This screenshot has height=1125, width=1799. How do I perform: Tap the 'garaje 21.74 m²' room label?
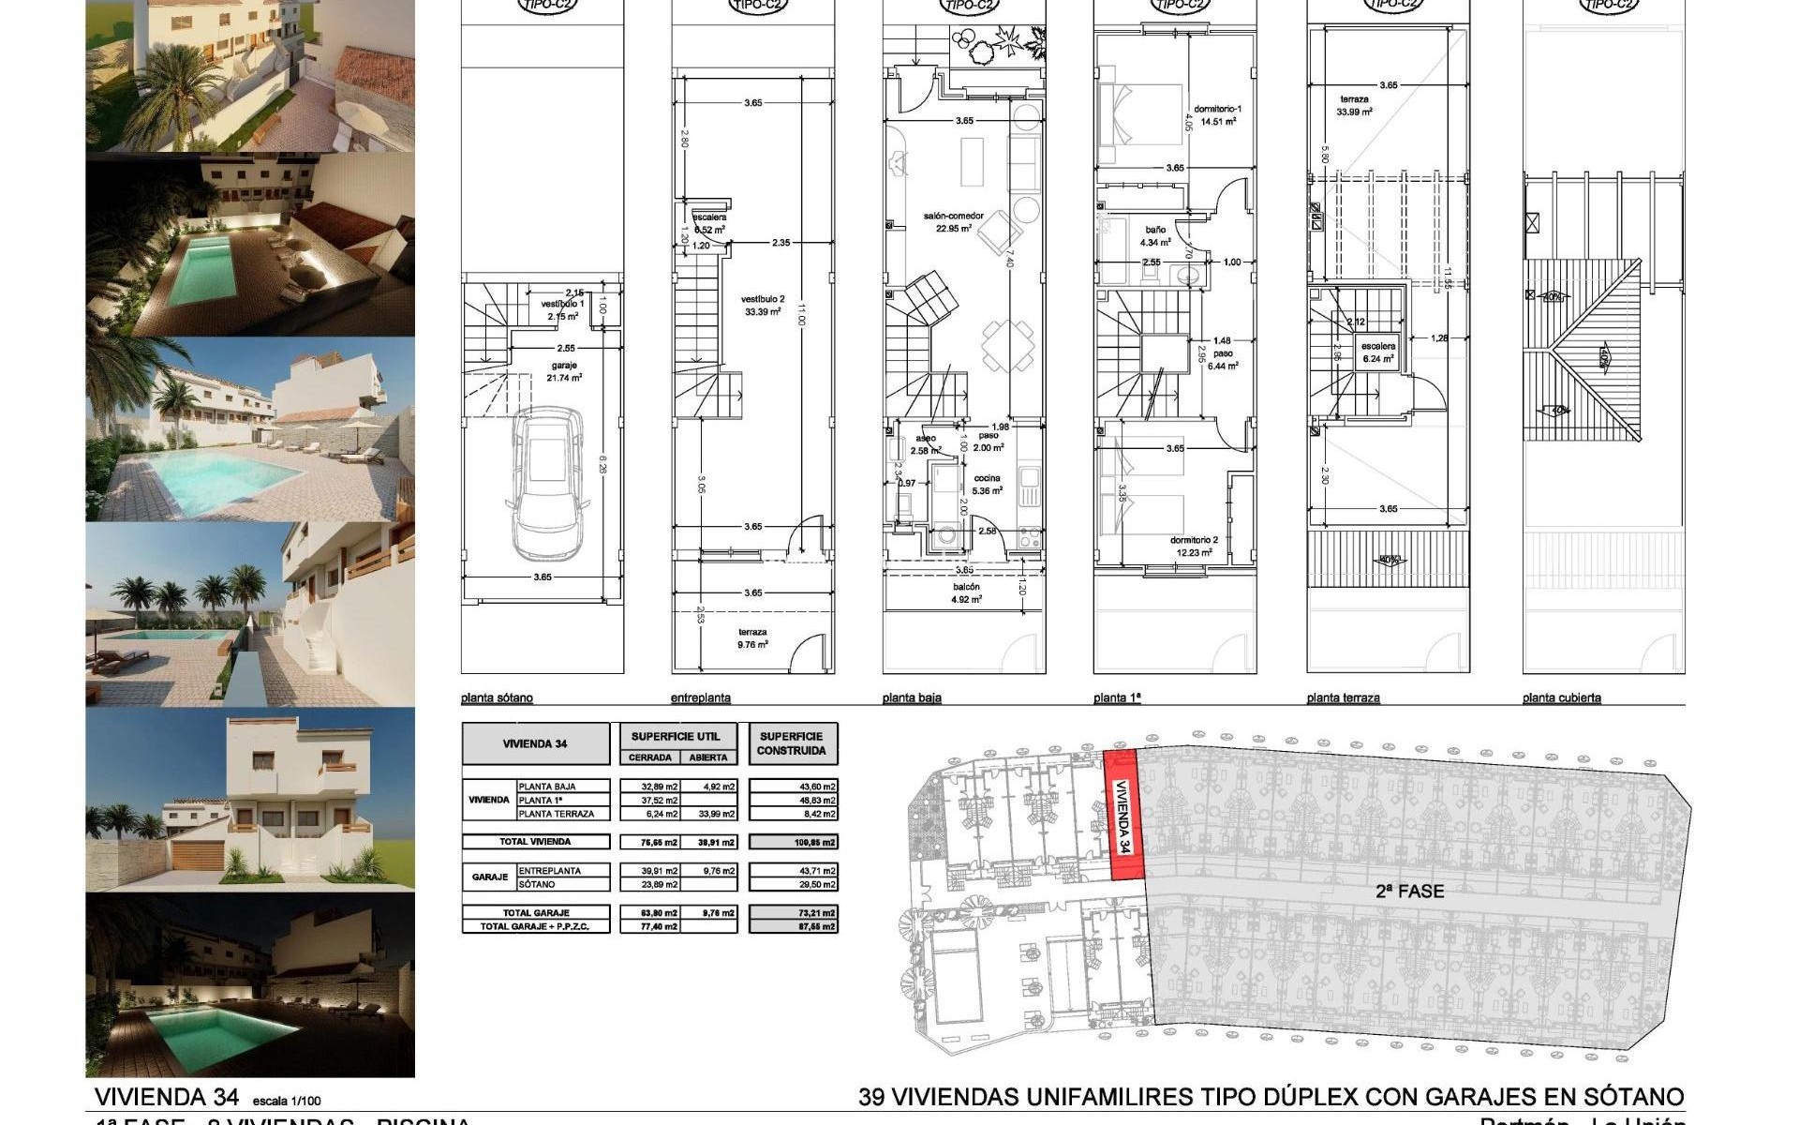[564, 371]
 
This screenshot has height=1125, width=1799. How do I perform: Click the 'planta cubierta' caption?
[1561, 697]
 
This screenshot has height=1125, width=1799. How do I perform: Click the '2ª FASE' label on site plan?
[1409, 892]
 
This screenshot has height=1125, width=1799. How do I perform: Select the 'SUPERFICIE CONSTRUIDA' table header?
[792, 743]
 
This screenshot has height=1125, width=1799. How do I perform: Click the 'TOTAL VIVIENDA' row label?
[535, 842]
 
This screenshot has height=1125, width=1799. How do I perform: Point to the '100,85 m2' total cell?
[793, 842]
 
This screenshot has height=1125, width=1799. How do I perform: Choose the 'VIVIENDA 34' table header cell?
[535, 743]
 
